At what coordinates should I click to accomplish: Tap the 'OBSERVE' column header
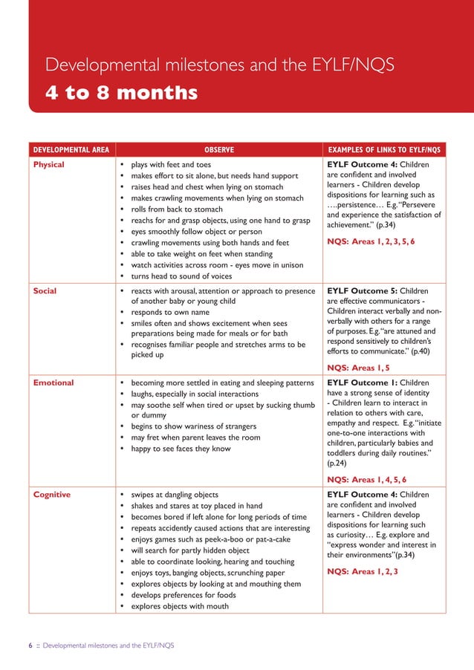[219, 149]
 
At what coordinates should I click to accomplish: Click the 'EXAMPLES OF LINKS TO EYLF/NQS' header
[384, 149]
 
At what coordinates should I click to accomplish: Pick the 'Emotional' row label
[53, 383]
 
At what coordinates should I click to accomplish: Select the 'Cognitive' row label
[52, 494]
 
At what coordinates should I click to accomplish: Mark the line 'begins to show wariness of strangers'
[193, 426]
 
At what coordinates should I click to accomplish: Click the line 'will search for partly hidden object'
[190, 550]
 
